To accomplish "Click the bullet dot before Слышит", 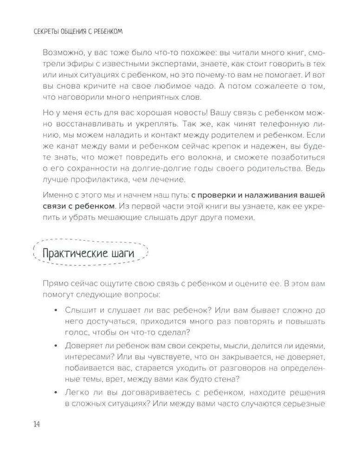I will (x=56, y=309).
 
